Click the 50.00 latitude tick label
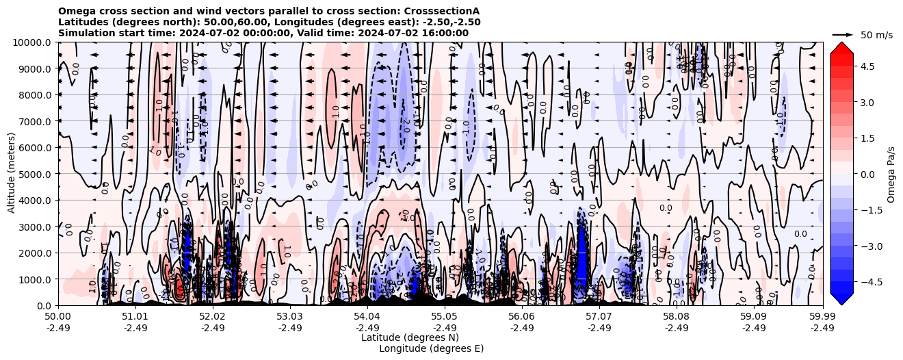point(58,317)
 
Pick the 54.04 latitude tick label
point(367,317)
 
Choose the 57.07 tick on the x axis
point(599,317)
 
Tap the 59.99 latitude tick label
point(822,317)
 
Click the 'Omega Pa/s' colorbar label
point(891,174)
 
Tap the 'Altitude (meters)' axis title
point(12,174)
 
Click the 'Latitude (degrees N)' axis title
point(410,337)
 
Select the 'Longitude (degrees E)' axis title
point(431,348)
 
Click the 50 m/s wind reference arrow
point(843,34)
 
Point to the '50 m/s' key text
point(876,35)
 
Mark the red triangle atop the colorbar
point(841,47)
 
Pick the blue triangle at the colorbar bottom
point(841,299)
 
